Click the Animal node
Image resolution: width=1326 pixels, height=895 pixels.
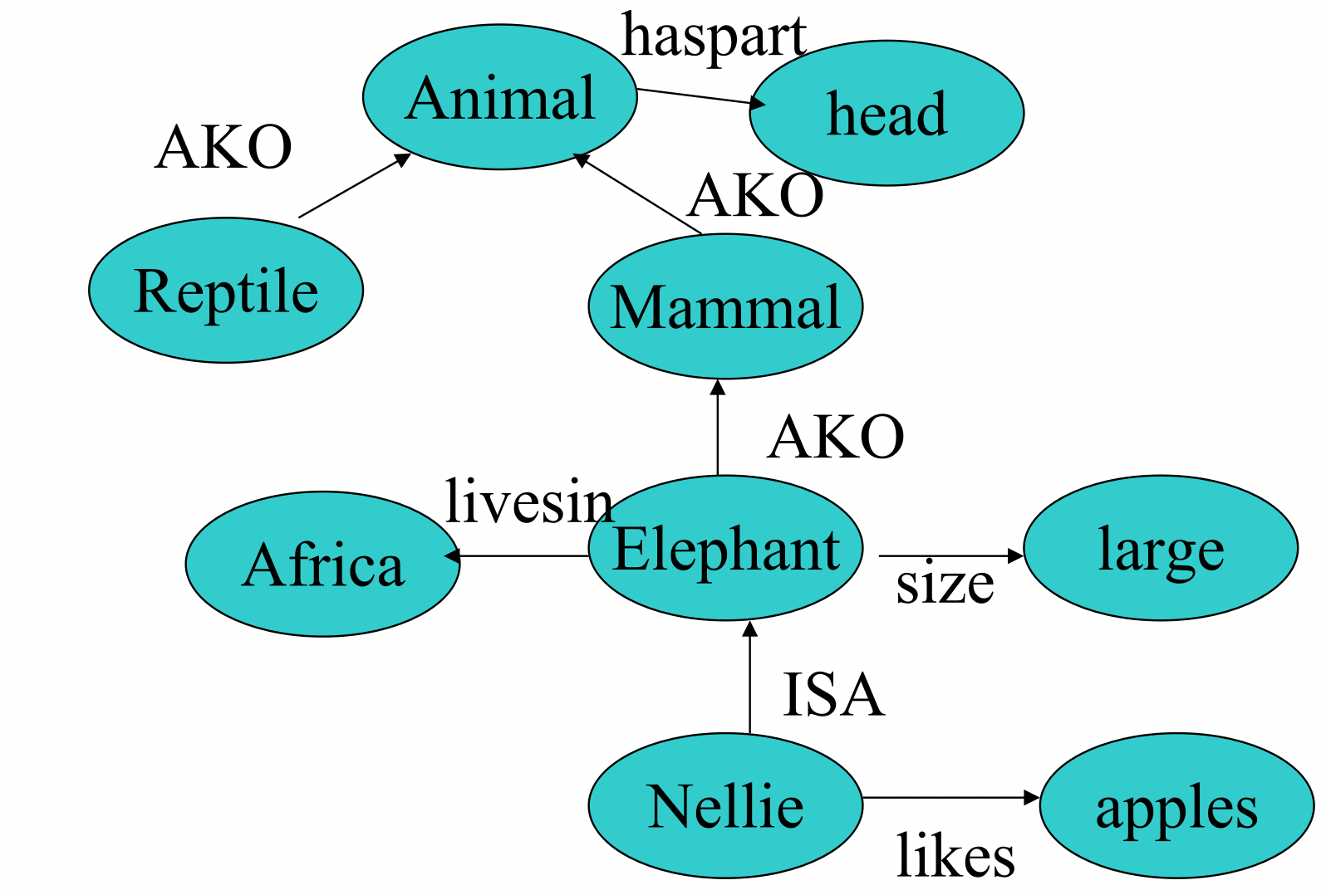(499, 97)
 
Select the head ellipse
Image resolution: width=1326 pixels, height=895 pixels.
(886, 113)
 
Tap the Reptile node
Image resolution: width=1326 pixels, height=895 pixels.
(226, 291)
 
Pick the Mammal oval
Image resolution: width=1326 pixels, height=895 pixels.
(725, 306)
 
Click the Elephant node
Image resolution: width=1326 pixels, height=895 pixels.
(725, 549)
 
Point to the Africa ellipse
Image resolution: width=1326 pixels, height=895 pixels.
(322, 565)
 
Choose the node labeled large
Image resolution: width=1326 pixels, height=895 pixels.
(1161, 548)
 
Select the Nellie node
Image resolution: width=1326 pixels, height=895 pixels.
(725, 805)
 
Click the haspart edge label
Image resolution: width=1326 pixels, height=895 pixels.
(714, 37)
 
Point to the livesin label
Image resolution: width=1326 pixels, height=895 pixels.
(528, 501)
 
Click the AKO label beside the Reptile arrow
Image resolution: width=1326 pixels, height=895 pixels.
(223, 147)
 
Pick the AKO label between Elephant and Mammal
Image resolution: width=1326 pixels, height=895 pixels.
(836, 437)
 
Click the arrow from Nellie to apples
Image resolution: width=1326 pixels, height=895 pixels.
(950, 798)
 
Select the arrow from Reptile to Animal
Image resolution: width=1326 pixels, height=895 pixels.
(354, 186)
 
